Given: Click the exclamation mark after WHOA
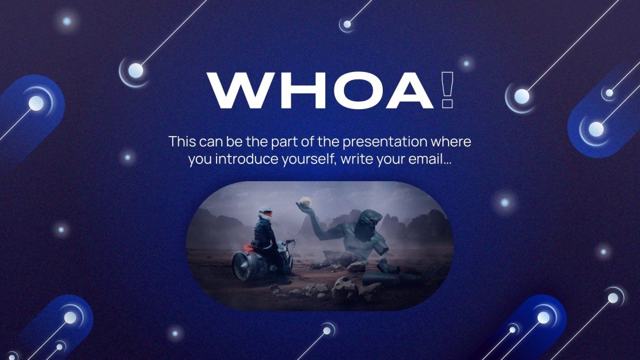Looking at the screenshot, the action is point(448,90).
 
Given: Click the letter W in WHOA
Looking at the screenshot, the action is point(240,91).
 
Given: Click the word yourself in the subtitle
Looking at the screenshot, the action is point(310,159).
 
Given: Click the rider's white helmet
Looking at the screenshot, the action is point(265,214).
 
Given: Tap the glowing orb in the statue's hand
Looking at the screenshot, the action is point(305,201).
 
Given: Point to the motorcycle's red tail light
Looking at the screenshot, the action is point(249,248).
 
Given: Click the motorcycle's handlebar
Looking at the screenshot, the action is point(289,242).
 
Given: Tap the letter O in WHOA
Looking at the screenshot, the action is point(357,91).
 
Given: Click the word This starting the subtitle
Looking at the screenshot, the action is point(182,142).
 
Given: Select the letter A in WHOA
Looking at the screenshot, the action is point(409,91).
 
